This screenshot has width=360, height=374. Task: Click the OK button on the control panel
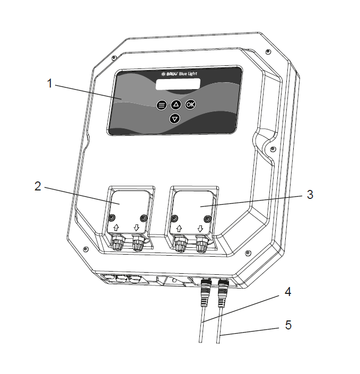(190, 104)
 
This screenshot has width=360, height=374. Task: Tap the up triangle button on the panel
(176, 105)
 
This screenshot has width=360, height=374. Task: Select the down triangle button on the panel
(175, 118)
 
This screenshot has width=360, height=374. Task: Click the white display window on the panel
(178, 84)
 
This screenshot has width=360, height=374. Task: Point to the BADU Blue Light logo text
(179, 74)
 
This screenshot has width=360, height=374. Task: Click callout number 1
(49, 83)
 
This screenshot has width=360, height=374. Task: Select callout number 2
(38, 186)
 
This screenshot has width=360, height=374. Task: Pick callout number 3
(310, 195)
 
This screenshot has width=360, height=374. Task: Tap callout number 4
(288, 292)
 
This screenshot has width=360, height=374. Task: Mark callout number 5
(288, 325)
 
